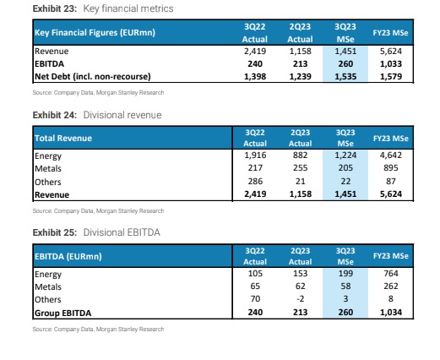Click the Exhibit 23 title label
point(55,8)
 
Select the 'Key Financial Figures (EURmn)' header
point(95,33)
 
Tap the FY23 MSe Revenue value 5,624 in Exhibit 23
point(391,52)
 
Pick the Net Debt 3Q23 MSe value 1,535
point(345,77)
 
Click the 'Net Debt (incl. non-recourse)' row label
point(93,77)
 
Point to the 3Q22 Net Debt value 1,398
point(255,77)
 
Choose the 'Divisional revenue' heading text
point(122,115)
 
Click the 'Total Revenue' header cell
point(63,139)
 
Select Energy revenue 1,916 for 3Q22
point(255,155)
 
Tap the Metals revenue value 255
point(300,168)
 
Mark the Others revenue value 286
point(255,181)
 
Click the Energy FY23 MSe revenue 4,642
point(391,155)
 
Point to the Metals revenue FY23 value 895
point(391,168)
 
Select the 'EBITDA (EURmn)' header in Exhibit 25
point(68,257)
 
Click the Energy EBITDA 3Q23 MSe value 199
point(345,274)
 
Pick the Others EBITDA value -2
point(300,299)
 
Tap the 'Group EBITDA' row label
point(62,314)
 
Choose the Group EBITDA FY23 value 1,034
point(391,313)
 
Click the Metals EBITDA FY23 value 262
point(391,286)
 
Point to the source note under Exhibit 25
point(98,330)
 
